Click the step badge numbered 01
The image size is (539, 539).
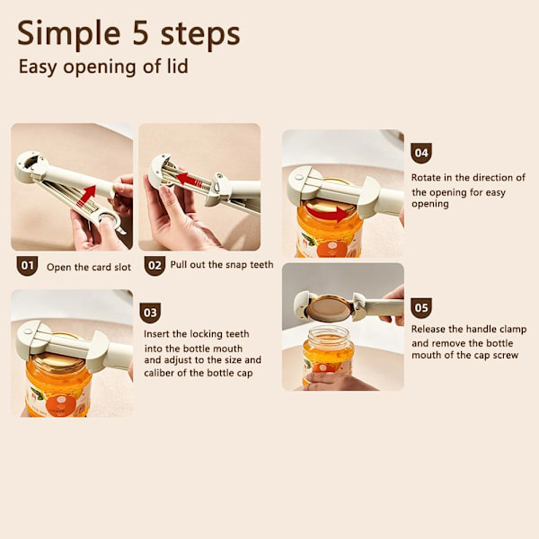pos(27,266)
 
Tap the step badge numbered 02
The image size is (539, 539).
pos(155,266)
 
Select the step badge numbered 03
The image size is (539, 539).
pos(150,313)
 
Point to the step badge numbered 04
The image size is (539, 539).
pos(421,153)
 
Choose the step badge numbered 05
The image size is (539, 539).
pos(421,308)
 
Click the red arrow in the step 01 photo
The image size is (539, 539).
pos(86,197)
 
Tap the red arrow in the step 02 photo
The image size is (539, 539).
pos(188,180)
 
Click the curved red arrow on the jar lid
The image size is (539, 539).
pos(327,214)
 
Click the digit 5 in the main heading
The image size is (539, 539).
pos(141,33)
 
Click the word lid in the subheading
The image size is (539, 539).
pos(177,66)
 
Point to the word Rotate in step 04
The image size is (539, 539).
pos(426,178)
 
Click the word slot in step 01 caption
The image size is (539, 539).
pos(123,267)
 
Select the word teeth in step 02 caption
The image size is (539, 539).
pos(261,264)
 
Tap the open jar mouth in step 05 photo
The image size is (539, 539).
pos(327,331)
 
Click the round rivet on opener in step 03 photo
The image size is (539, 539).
pos(28,332)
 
